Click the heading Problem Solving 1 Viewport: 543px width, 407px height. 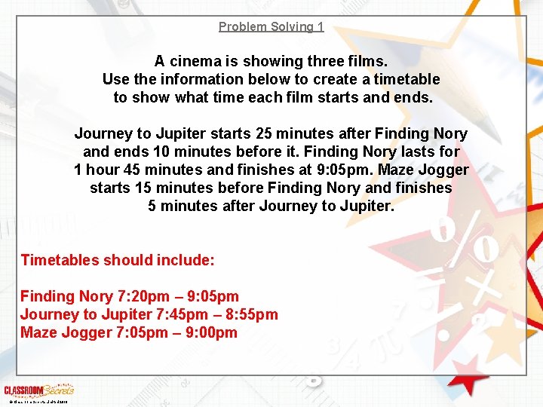tap(271, 27)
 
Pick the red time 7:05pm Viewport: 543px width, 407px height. tap(137, 333)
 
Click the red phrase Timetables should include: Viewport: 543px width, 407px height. tap(118, 261)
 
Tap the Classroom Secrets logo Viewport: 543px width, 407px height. tap(38, 390)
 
